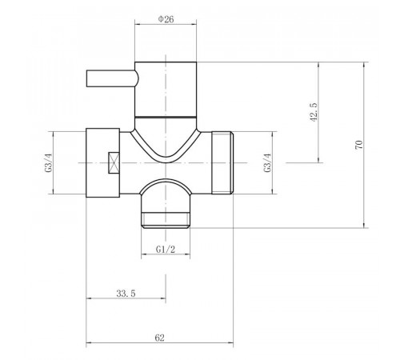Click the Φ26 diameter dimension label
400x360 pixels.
(166, 19)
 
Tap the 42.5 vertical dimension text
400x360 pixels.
(314, 112)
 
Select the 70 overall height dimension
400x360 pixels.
(359, 144)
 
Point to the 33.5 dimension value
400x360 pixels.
(126, 294)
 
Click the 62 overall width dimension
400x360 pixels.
(159, 338)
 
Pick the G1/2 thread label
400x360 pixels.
(166, 250)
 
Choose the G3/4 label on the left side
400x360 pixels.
(50, 162)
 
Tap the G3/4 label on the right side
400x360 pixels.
(267, 162)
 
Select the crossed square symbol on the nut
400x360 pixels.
(114, 162)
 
